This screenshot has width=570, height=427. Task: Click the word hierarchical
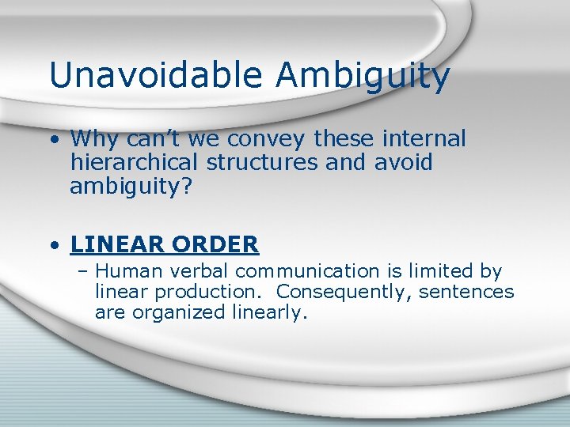click(x=135, y=163)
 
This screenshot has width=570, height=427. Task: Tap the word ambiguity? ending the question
click(x=126, y=187)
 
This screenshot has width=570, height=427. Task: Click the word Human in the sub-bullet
click(x=123, y=271)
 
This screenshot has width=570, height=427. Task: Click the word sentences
click(x=466, y=292)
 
